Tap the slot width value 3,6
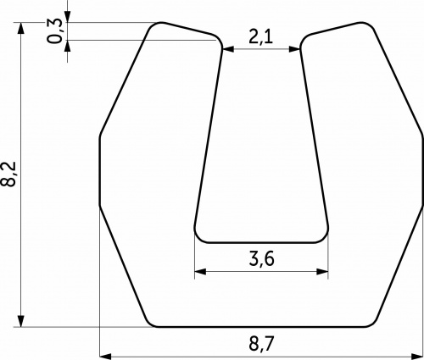pos(261,258)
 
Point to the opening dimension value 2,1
pos(261,36)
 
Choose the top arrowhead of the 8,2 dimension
pos(21,29)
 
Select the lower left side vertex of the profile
pos(100,204)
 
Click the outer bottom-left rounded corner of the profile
pos(152,321)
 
